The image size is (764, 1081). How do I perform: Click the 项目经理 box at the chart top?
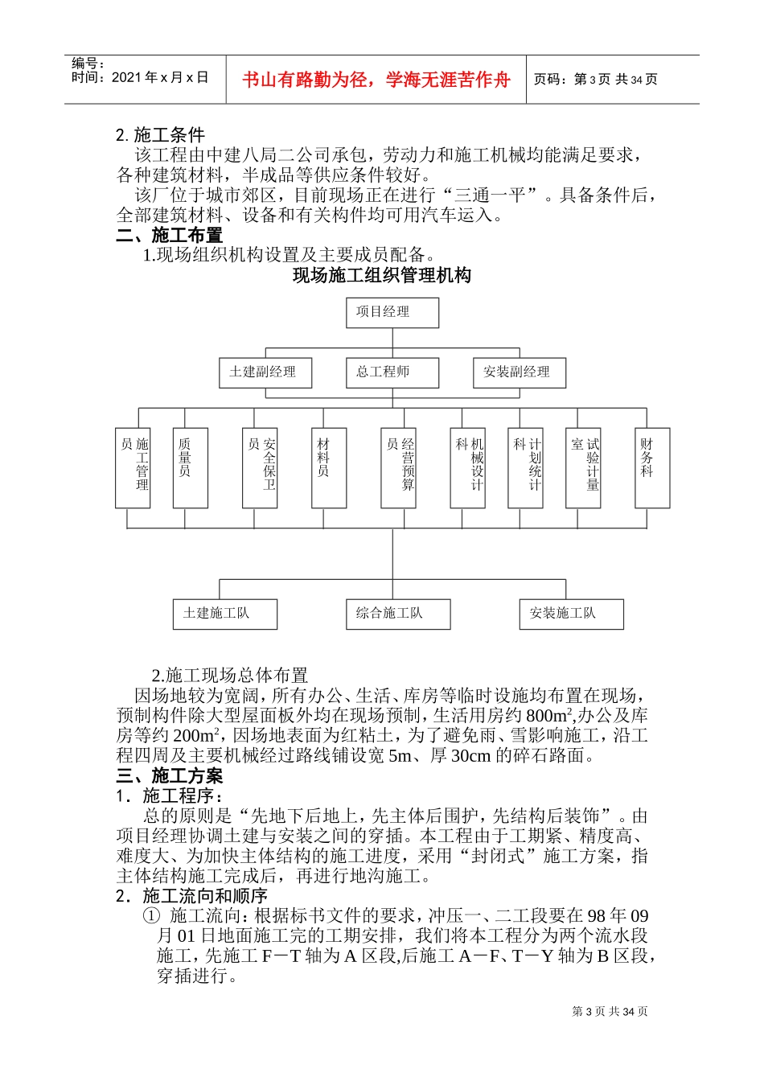pyautogui.click(x=392, y=312)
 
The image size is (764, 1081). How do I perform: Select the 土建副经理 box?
pyautogui.click(x=265, y=372)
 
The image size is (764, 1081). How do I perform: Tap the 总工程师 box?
pyautogui.click(x=392, y=372)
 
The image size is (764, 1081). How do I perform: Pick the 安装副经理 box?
pyautogui.click(x=519, y=372)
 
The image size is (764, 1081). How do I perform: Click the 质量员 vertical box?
pyautogui.click(x=190, y=467)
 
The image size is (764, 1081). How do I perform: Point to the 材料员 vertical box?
pyautogui.click(x=328, y=467)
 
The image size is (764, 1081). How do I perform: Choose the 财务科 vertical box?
pyautogui.click(x=651, y=467)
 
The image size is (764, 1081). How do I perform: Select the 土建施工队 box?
pyautogui.click(x=224, y=614)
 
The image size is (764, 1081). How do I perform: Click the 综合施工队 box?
pyautogui.click(x=398, y=614)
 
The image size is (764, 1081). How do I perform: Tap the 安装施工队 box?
pyautogui.click(x=571, y=614)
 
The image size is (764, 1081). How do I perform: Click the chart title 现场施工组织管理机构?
pyautogui.click(x=382, y=276)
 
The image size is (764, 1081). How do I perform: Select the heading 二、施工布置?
pyautogui.click(x=170, y=236)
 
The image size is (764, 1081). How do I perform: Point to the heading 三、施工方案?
pyautogui.click(x=170, y=775)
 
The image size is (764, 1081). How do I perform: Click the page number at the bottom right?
pyautogui.click(x=610, y=1012)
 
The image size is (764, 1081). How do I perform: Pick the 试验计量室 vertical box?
pyautogui.click(x=583, y=467)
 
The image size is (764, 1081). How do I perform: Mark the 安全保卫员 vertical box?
pyautogui.click(x=260, y=467)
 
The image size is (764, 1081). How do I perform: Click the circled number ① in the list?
pyautogui.click(x=151, y=916)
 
